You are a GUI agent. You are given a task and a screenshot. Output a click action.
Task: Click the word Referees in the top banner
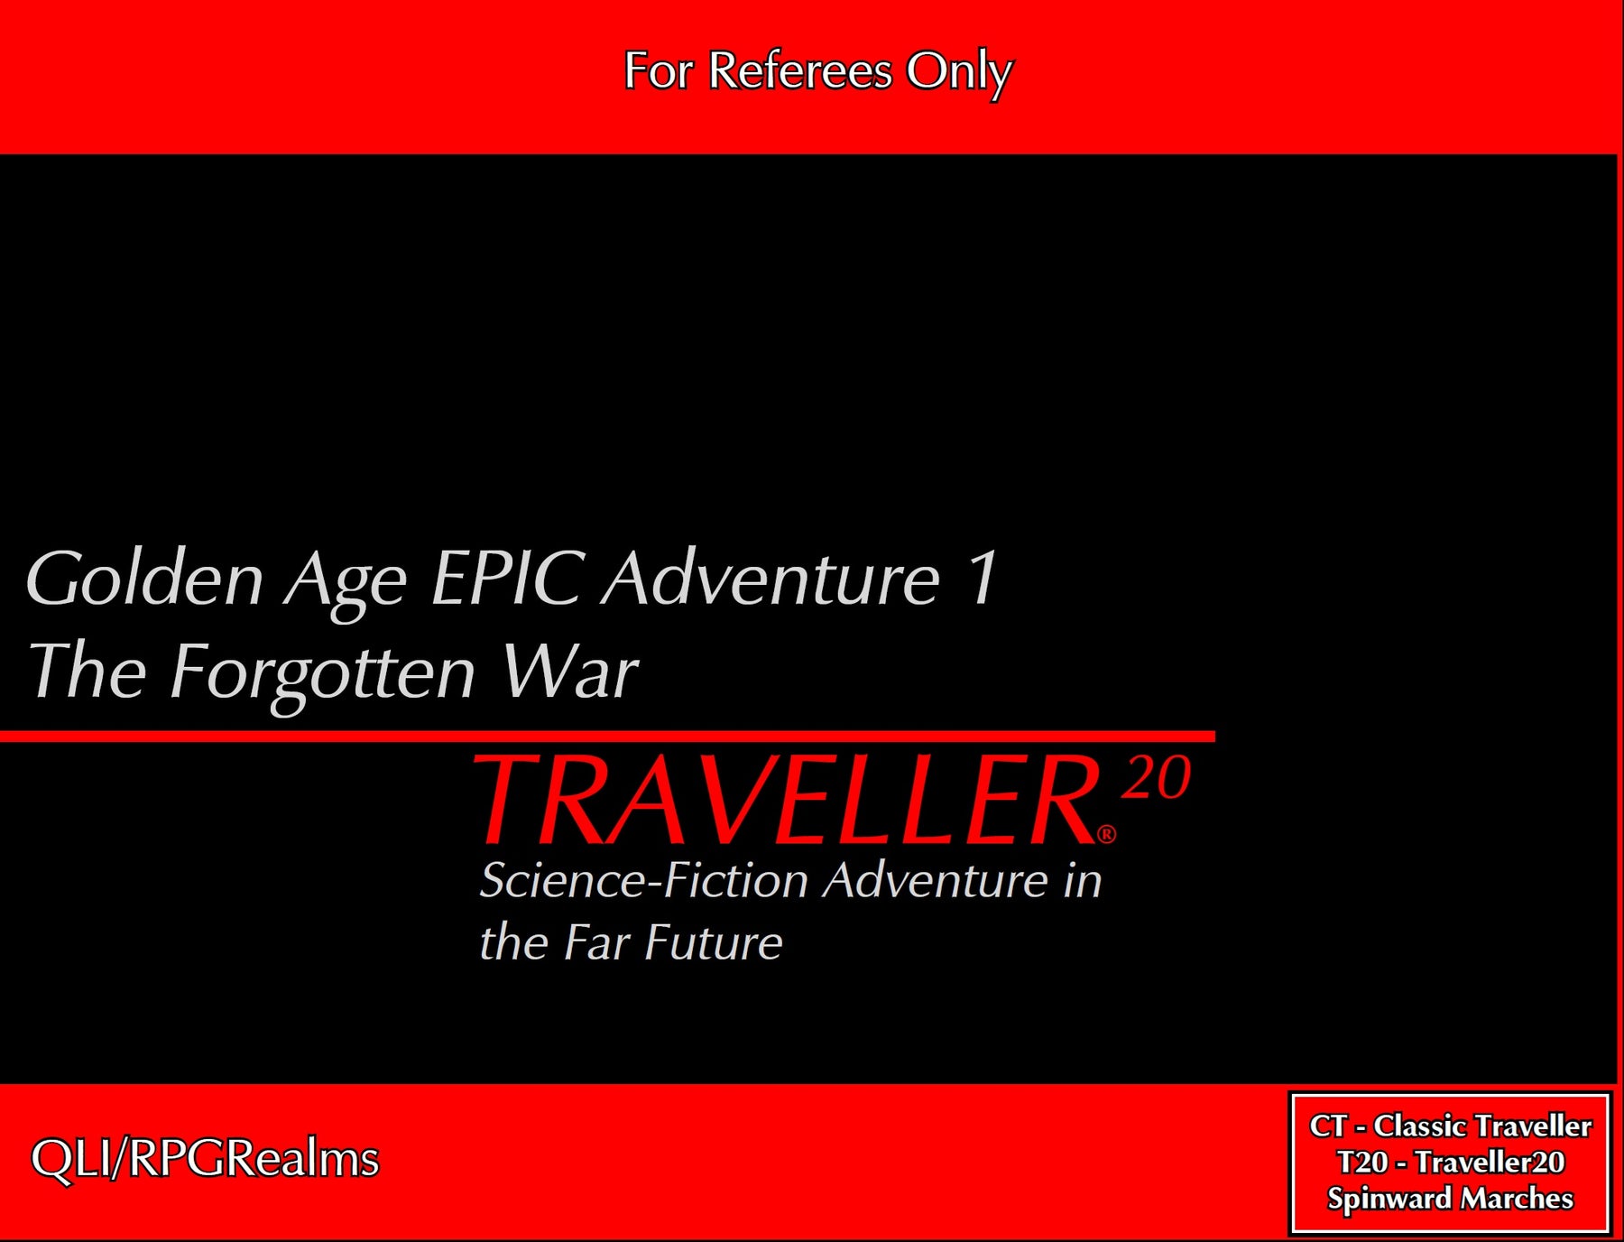click(x=799, y=70)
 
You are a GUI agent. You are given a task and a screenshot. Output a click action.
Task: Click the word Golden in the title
click(x=144, y=579)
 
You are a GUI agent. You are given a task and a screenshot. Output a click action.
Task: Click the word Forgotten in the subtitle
click(x=322, y=672)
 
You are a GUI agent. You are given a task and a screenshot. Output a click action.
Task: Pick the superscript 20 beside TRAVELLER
click(x=1157, y=777)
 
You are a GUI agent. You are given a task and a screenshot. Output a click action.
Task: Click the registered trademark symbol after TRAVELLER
click(x=1106, y=834)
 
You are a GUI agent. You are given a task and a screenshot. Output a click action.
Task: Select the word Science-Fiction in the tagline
click(x=643, y=880)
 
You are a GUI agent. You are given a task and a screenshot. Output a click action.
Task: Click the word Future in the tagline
click(x=713, y=943)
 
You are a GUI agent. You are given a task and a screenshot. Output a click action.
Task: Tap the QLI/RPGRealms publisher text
click(x=205, y=1159)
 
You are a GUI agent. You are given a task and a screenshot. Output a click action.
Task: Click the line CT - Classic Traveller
click(x=1450, y=1126)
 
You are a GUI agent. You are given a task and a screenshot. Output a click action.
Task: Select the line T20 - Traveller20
click(x=1450, y=1163)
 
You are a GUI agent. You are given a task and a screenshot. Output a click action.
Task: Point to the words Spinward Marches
click(x=1450, y=1199)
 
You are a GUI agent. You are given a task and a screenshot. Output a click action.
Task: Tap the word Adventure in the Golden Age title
click(x=771, y=578)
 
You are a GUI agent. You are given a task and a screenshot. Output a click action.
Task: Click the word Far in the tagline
click(x=595, y=943)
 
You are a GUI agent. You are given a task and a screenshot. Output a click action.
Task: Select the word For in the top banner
click(x=658, y=70)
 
